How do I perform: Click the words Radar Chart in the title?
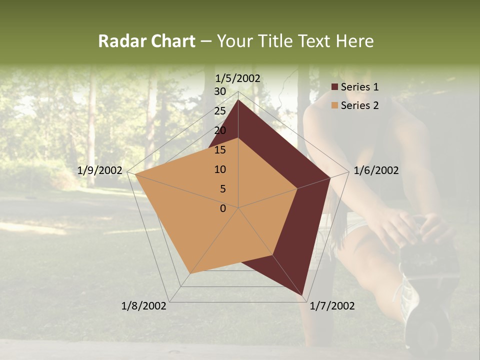pyautogui.click(x=146, y=41)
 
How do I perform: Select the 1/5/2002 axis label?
pyautogui.click(x=238, y=78)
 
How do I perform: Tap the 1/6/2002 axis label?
pyautogui.click(x=376, y=170)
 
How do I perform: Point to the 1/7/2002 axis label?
pyautogui.click(x=332, y=306)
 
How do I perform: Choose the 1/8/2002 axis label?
pyautogui.click(x=144, y=306)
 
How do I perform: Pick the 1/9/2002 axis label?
pyautogui.click(x=100, y=170)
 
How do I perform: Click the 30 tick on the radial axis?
pyautogui.click(x=220, y=91)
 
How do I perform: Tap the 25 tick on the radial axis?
pyautogui.click(x=220, y=111)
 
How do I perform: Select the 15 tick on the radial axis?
pyautogui.click(x=220, y=150)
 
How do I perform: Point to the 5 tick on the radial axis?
pyautogui.click(x=222, y=189)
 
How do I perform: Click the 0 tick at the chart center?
pyautogui.click(x=223, y=208)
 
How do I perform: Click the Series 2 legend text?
pyautogui.click(x=359, y=105)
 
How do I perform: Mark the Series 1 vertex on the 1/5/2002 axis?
pyautogui.click(x=238, y=100)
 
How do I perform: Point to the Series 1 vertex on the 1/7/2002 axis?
pyautogui.click(x=303, y=295)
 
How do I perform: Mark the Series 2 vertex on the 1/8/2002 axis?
pyautogui.click(x=190, y=273)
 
